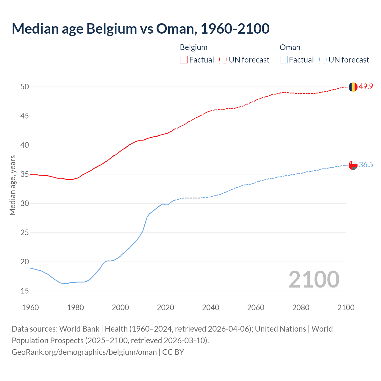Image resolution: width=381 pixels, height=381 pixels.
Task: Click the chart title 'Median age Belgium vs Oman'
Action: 140,29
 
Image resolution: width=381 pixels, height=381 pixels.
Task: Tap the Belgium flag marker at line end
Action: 353,87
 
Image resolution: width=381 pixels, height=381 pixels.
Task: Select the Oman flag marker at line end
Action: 353,165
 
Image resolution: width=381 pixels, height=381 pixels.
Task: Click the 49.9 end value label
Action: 366,87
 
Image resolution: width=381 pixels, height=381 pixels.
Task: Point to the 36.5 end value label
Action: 366,165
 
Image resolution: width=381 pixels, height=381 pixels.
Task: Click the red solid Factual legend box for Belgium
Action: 184,60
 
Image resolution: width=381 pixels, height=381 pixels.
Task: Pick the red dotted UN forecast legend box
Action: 223,60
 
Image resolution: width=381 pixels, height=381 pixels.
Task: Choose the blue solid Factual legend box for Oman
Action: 284,60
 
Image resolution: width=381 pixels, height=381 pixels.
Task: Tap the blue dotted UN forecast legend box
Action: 323,60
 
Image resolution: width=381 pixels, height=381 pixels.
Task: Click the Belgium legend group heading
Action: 193,47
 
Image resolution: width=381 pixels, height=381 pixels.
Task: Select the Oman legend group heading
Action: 290,47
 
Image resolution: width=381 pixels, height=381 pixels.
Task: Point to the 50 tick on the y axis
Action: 24,87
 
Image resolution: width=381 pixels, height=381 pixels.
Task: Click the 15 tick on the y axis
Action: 24,291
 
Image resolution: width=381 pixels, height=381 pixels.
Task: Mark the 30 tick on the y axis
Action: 24,203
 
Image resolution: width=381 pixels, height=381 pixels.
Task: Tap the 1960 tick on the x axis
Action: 30,307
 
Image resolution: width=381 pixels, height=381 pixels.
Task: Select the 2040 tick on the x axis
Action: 210,307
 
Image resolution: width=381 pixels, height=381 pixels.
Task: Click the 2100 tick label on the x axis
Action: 346,307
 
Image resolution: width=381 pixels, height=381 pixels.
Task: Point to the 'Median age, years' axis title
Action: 13,185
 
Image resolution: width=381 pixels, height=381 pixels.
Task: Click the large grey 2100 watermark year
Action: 314,279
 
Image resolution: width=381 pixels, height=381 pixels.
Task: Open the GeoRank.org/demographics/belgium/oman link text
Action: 84,352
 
